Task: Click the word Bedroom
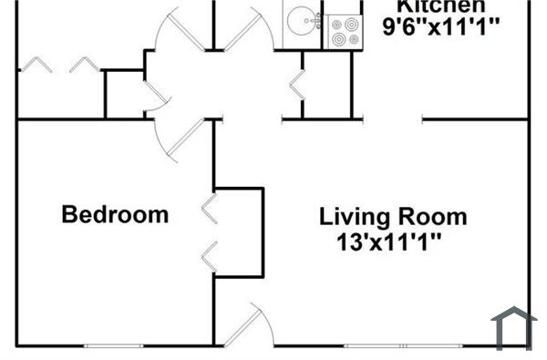[x=115, y=215]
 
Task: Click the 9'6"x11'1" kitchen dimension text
[x=442, y=27]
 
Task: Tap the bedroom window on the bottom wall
[x=114, y=345]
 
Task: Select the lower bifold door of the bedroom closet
[x=208, y=256]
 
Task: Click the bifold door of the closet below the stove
[x=295, y=85]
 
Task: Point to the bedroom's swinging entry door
[x=177, y=137]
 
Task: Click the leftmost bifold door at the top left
[x=36, y=65]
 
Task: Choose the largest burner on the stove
[x=350, y=38]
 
